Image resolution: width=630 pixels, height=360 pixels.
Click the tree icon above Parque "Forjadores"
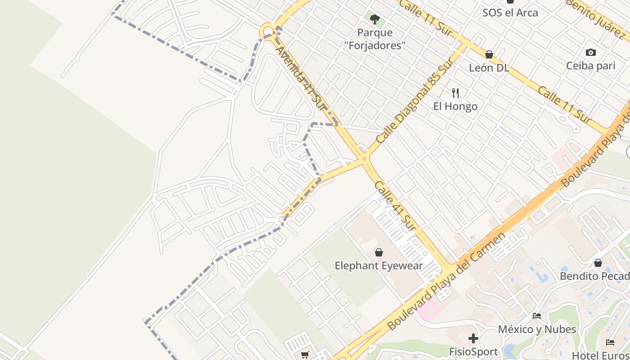pos(374,19)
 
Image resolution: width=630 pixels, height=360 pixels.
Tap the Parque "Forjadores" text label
pos(374,39)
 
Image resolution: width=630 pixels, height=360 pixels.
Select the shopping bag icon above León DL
pos(489,54)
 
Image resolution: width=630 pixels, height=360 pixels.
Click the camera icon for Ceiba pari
pos(591,52)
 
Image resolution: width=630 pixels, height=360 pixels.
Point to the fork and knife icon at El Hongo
pos(455,93)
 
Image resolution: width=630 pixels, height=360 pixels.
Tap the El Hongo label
pos(455,106)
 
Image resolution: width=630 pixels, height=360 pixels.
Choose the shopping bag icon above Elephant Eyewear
pos(379,252)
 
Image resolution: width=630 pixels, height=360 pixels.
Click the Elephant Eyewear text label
pos(379,265)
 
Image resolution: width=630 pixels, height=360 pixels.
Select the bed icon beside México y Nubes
pos(537,316)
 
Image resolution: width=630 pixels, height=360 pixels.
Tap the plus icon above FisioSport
pos(473,338)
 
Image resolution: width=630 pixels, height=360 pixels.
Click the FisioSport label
pos(473,351)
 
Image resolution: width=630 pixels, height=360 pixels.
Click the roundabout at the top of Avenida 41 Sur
pos(268,32)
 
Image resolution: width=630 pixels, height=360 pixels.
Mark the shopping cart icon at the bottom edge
pos(305,355)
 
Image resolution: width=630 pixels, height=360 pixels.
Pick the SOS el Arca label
pos(510,13)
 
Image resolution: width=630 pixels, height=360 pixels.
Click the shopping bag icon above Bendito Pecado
pos(598,263)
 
